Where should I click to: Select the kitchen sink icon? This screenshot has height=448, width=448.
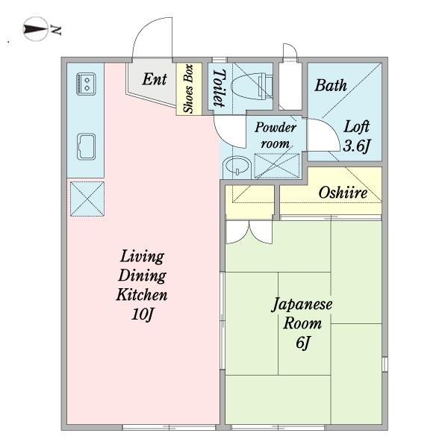click(x=85, y=146)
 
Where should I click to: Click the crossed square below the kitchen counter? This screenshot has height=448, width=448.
click(x=85, y=196)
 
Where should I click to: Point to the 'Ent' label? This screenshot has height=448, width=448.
click(x=154, y=79)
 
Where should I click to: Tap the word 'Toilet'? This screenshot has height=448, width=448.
click(x=219, y=88)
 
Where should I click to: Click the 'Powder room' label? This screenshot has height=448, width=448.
click(x=276, y=134)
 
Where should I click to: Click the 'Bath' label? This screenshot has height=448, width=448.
click(x=330, y=85)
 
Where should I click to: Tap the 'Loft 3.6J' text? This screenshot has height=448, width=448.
click(x=356, y=136)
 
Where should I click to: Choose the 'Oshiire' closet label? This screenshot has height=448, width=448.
click(x=343, y=193)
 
